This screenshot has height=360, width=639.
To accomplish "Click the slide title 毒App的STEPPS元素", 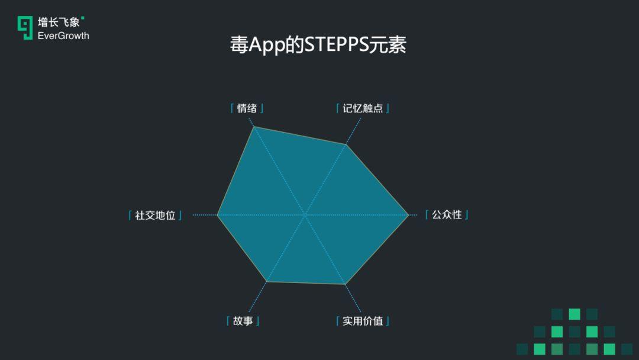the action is (x=318, y=44).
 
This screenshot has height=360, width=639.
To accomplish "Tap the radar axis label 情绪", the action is (x=247, y=108).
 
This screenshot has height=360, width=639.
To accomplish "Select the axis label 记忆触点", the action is (x=363, y=108).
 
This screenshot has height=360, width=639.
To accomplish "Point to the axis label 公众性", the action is (x=447, y=214).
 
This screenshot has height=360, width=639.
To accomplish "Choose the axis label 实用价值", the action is (x=363, y=321).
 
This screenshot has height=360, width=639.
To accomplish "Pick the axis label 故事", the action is (x=243, y=321).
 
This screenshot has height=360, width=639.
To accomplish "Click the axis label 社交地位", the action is (x=155, y=215).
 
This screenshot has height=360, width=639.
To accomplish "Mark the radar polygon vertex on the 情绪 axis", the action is (x=254, y=127).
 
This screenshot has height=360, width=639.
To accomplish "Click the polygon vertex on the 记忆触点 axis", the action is (x=346, y=144).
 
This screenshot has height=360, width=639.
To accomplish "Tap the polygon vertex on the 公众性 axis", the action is (x=408, y=215).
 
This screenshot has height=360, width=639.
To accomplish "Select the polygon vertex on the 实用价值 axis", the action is (x=345, y=284).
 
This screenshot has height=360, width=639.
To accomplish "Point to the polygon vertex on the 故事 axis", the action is (x=266, y=281).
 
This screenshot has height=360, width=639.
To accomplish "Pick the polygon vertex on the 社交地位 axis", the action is (x=218, y=215).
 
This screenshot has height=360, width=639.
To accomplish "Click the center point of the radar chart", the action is (x=305, y=214).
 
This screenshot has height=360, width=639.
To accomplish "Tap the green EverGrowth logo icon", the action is (x=25, y=28).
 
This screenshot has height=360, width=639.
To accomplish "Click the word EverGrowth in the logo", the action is (x=63, y=36).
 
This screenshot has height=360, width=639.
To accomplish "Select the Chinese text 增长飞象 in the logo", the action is (x=59, y=22).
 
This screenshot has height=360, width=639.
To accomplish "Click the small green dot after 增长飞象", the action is (x=83, y=18).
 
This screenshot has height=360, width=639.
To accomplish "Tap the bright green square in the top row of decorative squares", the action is (x=574, y=314).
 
